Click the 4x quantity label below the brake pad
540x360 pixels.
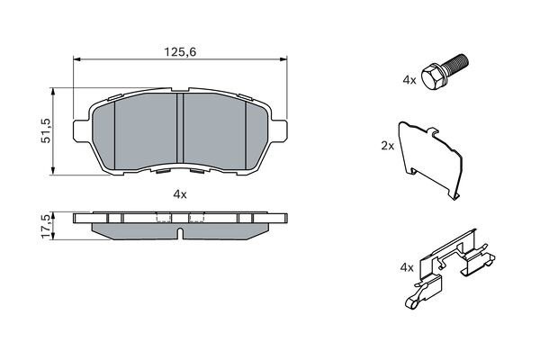180,193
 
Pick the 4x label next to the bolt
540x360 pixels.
409,80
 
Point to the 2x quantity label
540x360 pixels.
388,144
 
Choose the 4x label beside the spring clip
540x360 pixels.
406,267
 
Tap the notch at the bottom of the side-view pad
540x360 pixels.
180,235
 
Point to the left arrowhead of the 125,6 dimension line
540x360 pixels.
76,60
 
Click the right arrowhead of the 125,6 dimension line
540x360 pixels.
285,60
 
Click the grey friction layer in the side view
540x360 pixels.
135,230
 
